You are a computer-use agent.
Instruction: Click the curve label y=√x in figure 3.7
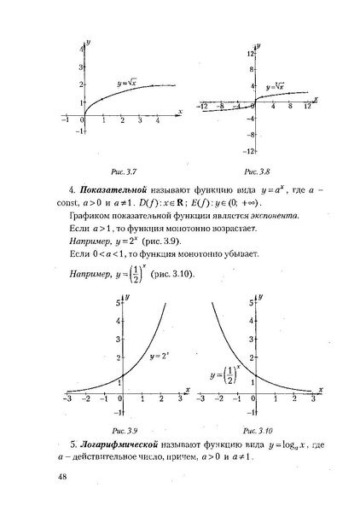128,83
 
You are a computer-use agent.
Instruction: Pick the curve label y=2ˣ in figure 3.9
160,355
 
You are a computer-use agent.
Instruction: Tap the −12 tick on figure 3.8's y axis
251,151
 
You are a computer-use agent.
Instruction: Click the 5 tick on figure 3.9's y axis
115,303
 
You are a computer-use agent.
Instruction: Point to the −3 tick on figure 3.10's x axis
200,398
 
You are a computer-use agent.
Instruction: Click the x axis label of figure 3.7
180,111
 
